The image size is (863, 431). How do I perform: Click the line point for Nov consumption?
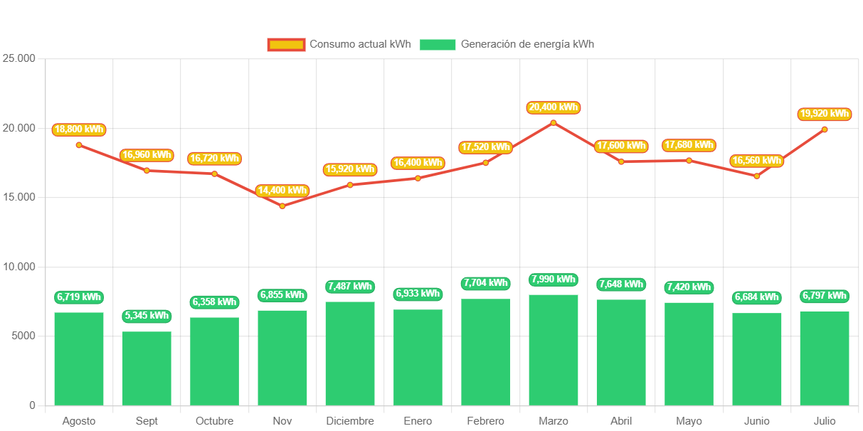tap(282, 206)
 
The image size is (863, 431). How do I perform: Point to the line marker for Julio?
tap(825, 129)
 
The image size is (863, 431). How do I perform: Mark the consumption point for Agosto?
tap(79, 145)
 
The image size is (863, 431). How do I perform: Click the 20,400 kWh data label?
tap(554, 107)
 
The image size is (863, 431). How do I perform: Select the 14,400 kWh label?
tap(282, 191)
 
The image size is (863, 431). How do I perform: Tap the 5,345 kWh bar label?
tap(147, 316)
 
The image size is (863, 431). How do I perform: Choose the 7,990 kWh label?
tap(554, 280)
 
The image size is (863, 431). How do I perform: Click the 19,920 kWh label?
tap(825, 114)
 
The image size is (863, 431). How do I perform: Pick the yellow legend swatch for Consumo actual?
tap(286, 45)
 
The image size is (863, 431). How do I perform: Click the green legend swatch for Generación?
tap(438, 45)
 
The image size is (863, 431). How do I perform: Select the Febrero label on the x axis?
tap(486, 421)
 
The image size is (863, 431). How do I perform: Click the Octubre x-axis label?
tap(214, 421)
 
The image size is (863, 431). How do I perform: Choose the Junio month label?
tap(757, 421)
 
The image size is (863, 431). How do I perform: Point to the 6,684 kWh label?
tap(757, 297)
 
